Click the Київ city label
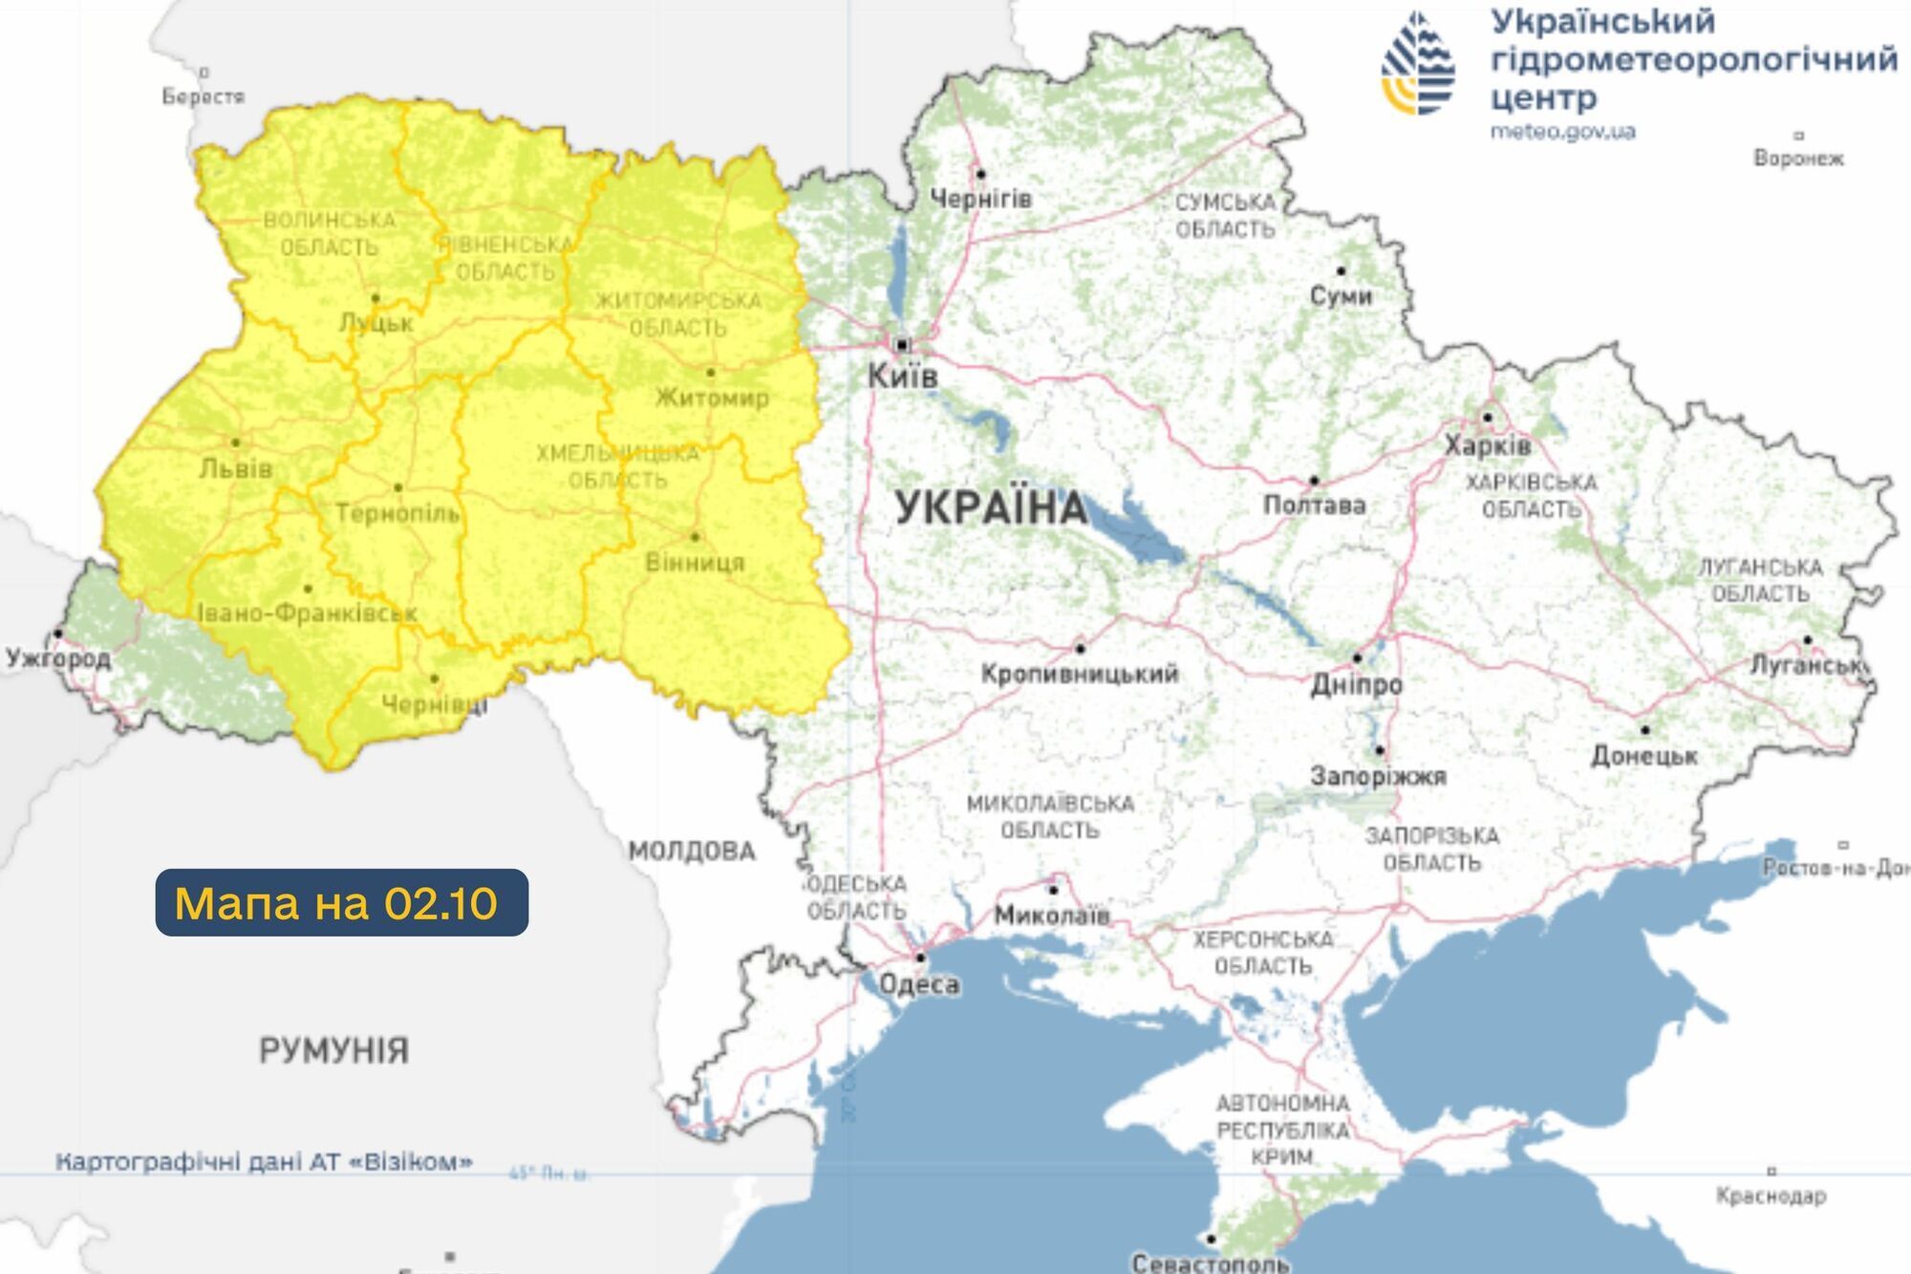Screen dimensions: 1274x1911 (x=902, y=376)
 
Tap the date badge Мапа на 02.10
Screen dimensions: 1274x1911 (x=341, y=902)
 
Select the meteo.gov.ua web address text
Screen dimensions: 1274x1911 (x=1563, y=131)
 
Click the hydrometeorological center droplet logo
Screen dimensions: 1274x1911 (x=1418, y=64)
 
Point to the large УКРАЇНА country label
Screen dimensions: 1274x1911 (x=991, y=507)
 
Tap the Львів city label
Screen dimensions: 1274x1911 (x=236, y=468)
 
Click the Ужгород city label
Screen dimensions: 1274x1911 (x=58, y=658)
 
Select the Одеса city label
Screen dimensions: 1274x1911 (x=919, y=983)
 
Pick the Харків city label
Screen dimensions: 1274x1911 (x=1487, y=445)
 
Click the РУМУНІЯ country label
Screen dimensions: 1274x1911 (x=333, y=1050)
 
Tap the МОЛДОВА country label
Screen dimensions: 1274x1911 (x=692, y=851)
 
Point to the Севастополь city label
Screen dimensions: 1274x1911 (x=1211, y=1263)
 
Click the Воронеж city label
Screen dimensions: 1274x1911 (x=1798, y=158)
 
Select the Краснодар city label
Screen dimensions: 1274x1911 (x=1771, y=1196)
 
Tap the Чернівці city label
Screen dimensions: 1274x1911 (x=435, y=704)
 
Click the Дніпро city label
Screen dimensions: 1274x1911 (x=1356, y=684)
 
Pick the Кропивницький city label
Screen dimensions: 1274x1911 (x=1080, y=673)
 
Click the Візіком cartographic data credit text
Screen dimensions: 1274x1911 (x=264, y=1162)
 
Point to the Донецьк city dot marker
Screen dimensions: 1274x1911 (x=1645, y=730)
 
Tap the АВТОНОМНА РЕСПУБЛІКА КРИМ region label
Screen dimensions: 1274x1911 (x=1282, y=1130)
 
